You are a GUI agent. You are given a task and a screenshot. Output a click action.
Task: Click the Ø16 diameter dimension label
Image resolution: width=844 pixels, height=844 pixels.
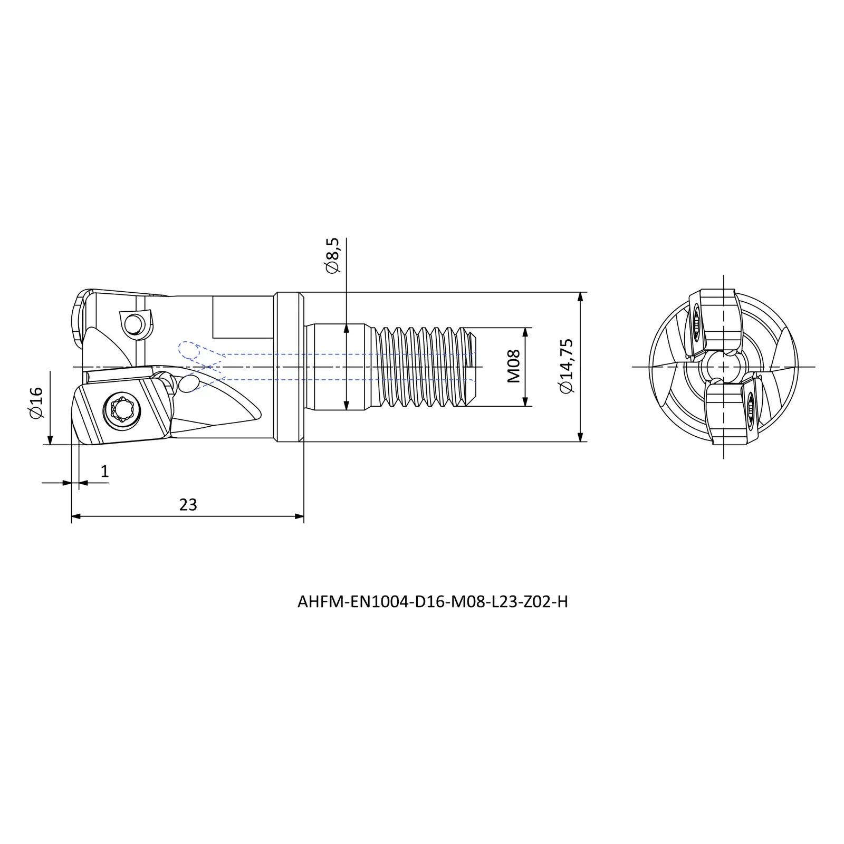[x=36, y=403]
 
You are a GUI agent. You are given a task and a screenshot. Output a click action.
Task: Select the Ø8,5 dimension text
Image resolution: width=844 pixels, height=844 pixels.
[x=333, y=256]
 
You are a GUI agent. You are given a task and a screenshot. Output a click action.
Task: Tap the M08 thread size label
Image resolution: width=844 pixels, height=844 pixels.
[x=513, y=366]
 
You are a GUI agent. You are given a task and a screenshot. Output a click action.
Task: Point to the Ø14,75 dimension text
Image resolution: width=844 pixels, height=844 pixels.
[x=567, y=366]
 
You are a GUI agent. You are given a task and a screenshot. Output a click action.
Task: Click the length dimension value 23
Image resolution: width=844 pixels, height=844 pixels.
[x=188, y=505]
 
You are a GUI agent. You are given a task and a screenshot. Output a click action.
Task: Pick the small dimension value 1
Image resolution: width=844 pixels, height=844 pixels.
[x=104, y=471]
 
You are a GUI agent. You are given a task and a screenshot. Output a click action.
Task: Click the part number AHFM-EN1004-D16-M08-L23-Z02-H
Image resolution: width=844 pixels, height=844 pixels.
[x=433, y=602]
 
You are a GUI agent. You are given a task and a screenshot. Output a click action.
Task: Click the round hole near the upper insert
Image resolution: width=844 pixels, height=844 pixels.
[x=135, y=322]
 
